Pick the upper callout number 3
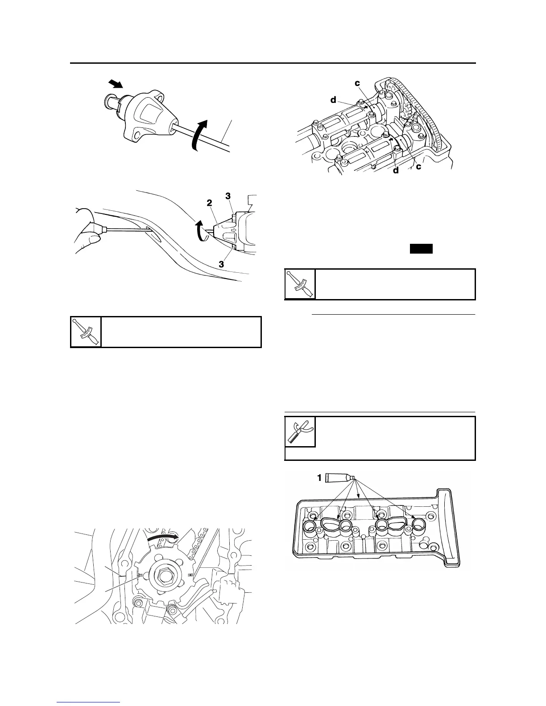tap(228, 196)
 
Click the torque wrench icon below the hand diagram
tap(86, 332)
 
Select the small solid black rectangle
tap(422, 249)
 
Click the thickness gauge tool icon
tap(300, 432)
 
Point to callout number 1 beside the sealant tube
tap(318, 478)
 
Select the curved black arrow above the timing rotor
tap(162, 537)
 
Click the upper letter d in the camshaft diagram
tap(333, 100)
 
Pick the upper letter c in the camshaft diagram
tap(358, 83)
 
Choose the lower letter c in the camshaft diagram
tap(418, 167)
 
